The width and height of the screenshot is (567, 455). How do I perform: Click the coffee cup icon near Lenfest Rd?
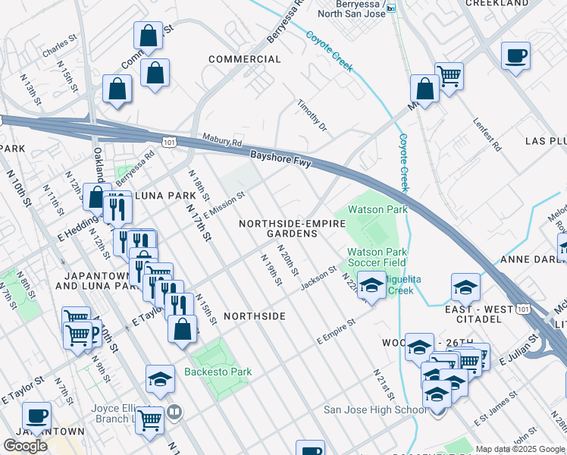tap(515, 56)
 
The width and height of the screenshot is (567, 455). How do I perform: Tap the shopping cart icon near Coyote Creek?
tap(449, 76)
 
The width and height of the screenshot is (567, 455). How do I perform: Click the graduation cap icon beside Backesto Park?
tap(160, 380)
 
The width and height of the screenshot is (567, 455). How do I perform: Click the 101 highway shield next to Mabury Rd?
tap(170, 142)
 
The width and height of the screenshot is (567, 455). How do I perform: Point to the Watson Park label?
tap(377, 209)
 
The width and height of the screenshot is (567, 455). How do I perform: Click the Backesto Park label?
tap(218, 372)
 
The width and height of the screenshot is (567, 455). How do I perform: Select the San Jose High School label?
tap(375, 410)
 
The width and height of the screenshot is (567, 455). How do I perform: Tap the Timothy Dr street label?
tap(312, 116)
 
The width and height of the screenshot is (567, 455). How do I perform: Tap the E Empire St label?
tap(336, 333)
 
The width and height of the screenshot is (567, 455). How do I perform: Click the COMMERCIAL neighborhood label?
tap(244, 59)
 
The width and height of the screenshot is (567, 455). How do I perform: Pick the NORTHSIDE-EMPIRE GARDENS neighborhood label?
tap(292, 229)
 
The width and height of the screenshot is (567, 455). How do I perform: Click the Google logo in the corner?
tap(25, 446)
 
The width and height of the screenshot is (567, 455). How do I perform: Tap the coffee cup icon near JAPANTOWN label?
tap(36, 416)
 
